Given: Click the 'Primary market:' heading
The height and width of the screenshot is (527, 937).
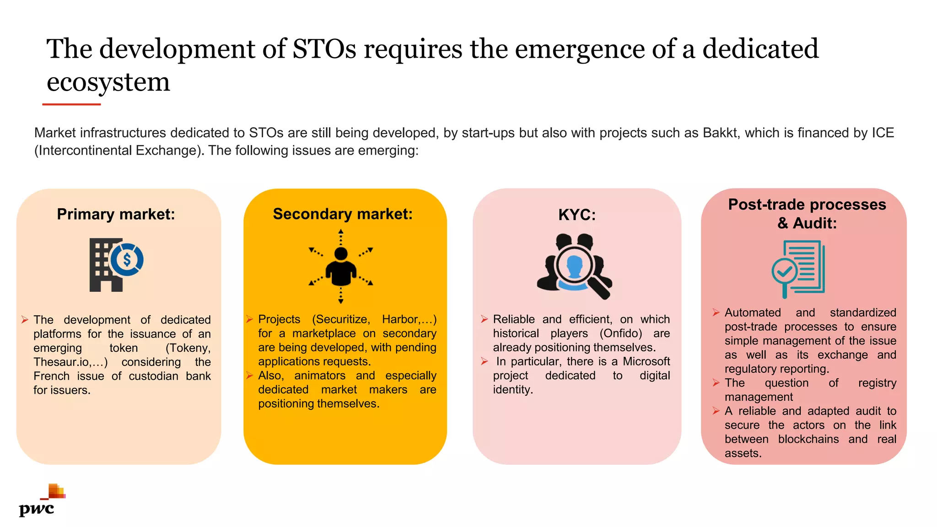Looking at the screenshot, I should click(116, 214).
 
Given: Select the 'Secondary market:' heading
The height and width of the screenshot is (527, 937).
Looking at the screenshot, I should click(343, 214).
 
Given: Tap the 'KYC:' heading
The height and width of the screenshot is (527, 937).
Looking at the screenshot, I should click(577, 215).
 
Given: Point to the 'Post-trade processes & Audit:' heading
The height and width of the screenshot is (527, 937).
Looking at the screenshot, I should click(807, 214).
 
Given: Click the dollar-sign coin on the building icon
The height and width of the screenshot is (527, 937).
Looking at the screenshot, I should click(127, 259).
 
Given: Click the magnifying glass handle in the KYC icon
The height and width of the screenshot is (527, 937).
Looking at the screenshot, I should click(600, 289).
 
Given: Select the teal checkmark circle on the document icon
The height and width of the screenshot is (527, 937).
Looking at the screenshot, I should click(784, 272).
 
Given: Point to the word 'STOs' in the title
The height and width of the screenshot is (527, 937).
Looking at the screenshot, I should click(324, 49).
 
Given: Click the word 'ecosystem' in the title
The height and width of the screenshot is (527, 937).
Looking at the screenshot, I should click(108, 82).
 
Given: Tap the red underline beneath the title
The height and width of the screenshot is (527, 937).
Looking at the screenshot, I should click(71, 104).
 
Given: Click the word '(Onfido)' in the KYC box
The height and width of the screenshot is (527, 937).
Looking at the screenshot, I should click(621, 333).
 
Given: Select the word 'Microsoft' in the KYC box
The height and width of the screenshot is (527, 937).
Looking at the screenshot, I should click(646, 361).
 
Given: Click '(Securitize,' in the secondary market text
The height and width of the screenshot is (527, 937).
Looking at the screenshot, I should click(341, 319).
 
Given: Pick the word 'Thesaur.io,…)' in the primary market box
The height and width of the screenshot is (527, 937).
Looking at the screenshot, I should click(70, 362).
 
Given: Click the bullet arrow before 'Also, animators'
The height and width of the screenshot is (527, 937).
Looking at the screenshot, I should click(249, 376).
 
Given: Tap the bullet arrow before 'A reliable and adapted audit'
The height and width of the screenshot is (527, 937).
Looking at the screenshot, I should click(716, 411).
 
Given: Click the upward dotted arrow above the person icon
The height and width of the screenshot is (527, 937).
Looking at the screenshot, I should click(341, 237).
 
